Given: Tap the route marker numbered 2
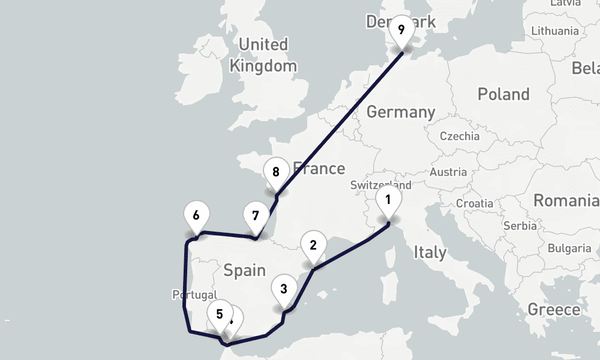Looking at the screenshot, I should (313, 245).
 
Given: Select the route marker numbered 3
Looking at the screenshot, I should (284, 289).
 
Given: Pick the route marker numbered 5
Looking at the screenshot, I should (220, 314).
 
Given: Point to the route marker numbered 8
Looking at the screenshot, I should (275, 173).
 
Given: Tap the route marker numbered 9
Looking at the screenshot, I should (401, 30).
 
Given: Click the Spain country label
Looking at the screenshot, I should (244, 271).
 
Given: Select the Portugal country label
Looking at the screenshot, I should (194, 295).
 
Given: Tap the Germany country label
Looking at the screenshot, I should (401, 112).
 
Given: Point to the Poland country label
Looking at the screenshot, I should (503, 94).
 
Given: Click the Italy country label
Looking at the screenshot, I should (430, 252).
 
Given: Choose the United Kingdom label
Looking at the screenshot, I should (263, 55).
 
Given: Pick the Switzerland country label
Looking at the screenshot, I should (380, 185).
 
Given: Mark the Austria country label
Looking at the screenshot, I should (448, 172).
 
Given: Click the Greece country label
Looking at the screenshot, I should (554, 310).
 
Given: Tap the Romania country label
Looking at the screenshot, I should (566, 200).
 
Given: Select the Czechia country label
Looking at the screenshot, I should (460, 136).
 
